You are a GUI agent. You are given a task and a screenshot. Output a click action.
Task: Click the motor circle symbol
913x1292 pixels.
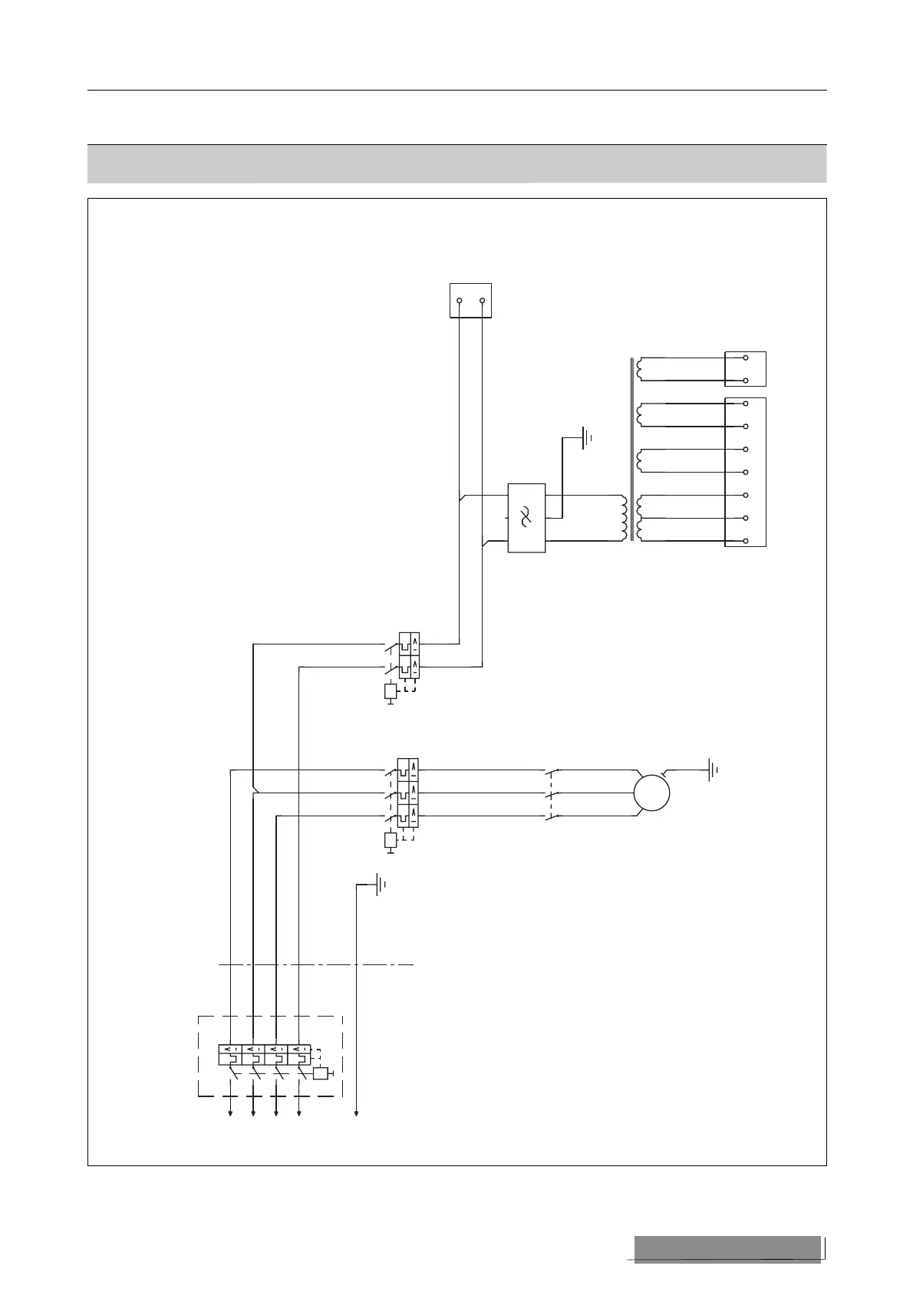click(x=651, y=793)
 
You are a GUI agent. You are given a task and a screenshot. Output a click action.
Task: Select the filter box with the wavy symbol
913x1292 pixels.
click(x=526, y=518)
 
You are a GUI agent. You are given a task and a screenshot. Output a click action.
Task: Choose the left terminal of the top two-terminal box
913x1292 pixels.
click(x=459, y=301)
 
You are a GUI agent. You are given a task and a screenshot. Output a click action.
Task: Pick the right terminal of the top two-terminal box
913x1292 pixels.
click(x=482, y=301)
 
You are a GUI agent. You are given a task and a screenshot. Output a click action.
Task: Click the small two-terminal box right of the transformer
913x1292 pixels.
click(x=745, y=369)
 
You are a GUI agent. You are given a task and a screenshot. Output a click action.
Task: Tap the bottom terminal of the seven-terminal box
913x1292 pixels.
click(x=746, y=542)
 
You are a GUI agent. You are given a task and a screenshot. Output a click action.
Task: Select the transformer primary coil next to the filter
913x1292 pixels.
click(x=624, y=518)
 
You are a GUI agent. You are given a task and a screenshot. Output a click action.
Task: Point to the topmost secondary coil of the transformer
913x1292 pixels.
click(x=640, y=369)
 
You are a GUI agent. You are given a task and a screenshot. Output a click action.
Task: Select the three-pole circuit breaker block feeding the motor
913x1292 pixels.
click(x=407, y=793)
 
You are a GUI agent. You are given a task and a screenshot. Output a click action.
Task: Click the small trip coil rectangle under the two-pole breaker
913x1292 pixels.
click(x=391, y=691)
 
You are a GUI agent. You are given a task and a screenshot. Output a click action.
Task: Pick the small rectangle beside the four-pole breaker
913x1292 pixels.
click(x=321, y=1073)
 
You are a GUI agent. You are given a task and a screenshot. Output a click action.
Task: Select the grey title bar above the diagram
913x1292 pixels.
click(x=457, y=163)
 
